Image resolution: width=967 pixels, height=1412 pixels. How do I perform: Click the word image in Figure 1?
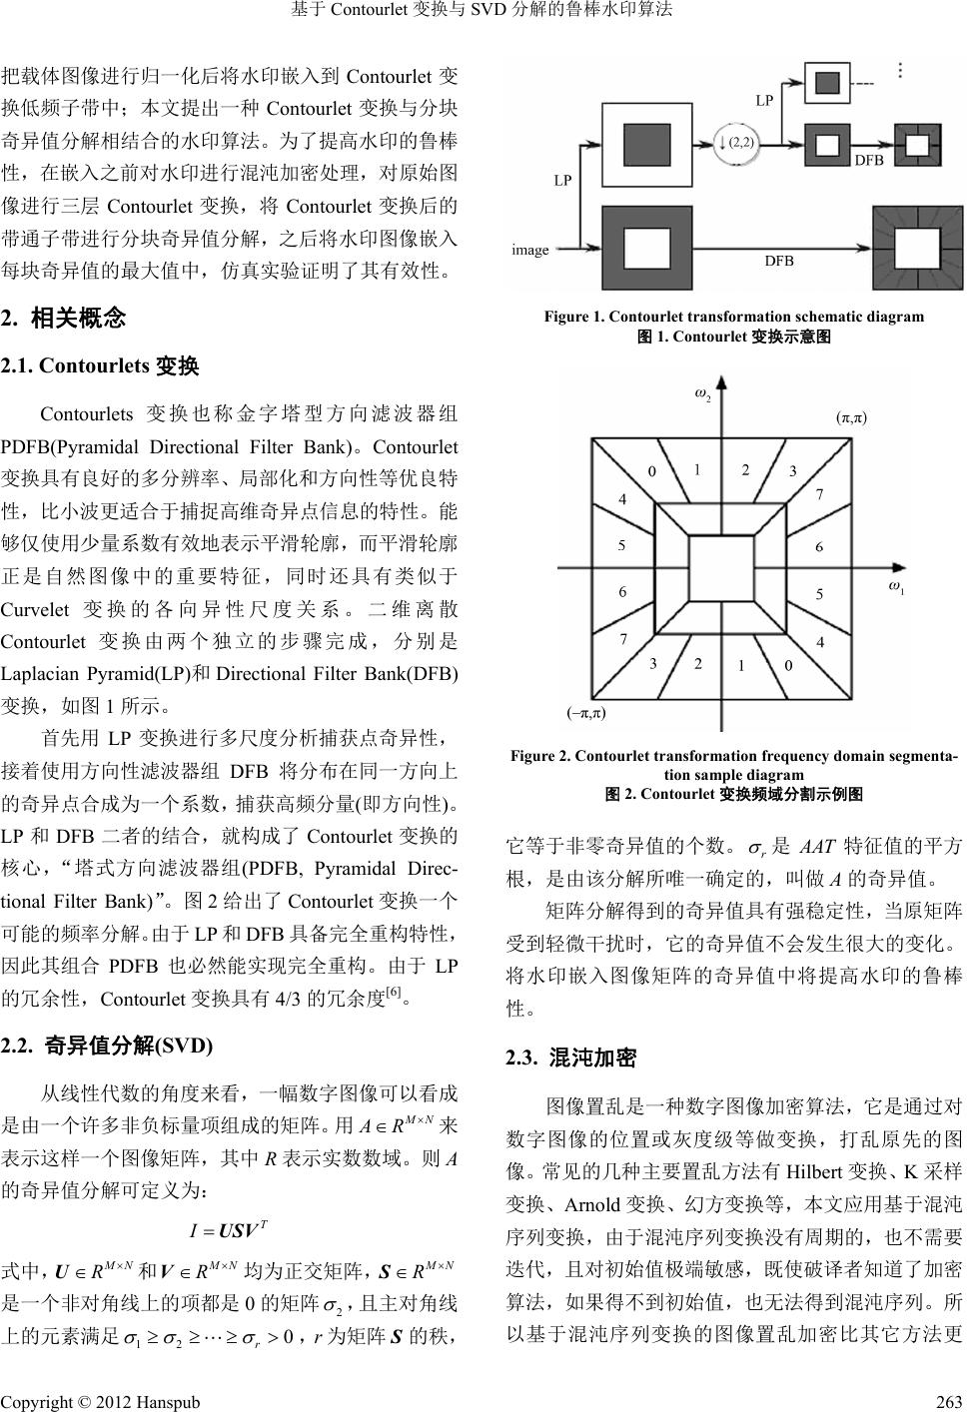click(x=529, y=250)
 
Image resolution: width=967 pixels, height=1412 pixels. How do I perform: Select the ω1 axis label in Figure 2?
click(x=896, y=586)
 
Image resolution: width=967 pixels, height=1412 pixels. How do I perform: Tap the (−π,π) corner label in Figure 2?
click(x=586, y=713)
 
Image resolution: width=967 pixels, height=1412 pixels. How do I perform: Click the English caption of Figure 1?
click(x=733, y=317)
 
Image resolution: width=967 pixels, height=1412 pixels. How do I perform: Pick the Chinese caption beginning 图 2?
click(x=733, y=795)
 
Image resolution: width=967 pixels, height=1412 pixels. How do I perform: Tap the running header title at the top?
click(x=483, y=11)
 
